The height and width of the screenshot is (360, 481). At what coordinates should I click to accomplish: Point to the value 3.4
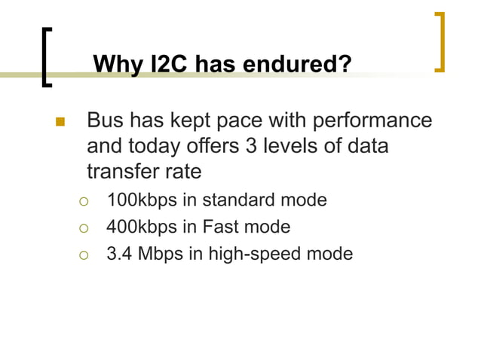[x=118, y=253]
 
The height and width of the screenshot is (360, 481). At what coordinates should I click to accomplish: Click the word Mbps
[x=160, y=253]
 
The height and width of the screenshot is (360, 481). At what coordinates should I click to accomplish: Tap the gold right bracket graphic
[x=440, y=42]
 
